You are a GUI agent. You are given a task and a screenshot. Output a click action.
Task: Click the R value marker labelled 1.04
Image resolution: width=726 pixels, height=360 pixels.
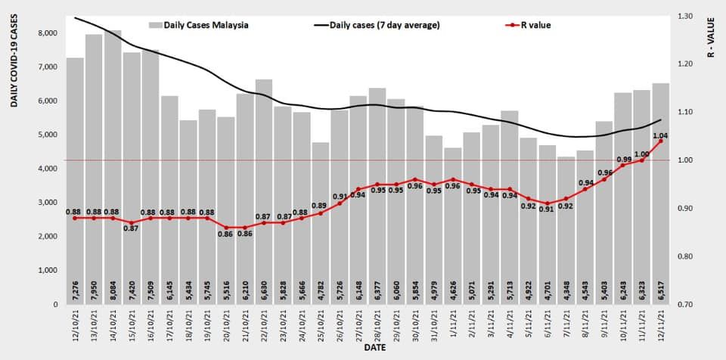click(x=661, y=141)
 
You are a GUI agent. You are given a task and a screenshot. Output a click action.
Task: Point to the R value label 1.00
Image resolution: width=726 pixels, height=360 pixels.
click(x=642, y=154)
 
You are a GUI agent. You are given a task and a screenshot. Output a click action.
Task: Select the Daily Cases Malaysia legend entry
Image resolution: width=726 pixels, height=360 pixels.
click(x=200, y=25)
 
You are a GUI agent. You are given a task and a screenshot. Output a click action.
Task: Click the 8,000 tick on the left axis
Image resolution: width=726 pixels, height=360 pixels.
click(x=47, y=33)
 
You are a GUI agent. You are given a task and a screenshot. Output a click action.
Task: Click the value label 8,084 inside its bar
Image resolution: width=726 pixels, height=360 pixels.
click(x=113, y=292)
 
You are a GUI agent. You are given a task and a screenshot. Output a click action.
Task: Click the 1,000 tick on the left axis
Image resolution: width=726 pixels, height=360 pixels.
click(x=47, y=270)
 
